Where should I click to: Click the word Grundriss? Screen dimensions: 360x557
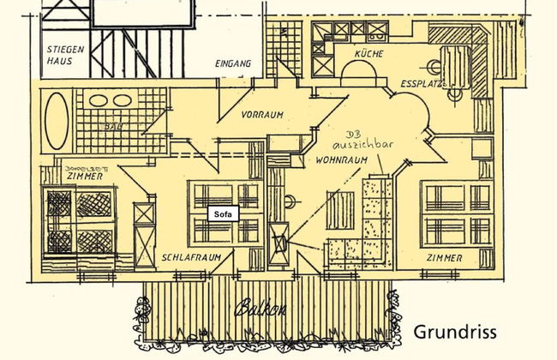point(455,332)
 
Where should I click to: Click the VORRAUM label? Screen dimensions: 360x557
point(261,114)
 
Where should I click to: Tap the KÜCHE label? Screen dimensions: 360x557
point(368,55)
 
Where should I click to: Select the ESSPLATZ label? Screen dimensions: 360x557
point(423,83)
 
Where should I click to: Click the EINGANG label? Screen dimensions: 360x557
point(234,64)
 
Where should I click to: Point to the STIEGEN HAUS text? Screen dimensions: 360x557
point(66,56)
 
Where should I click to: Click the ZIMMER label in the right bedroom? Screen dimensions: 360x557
point(447,257)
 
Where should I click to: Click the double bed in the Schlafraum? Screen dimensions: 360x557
point(225,213)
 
